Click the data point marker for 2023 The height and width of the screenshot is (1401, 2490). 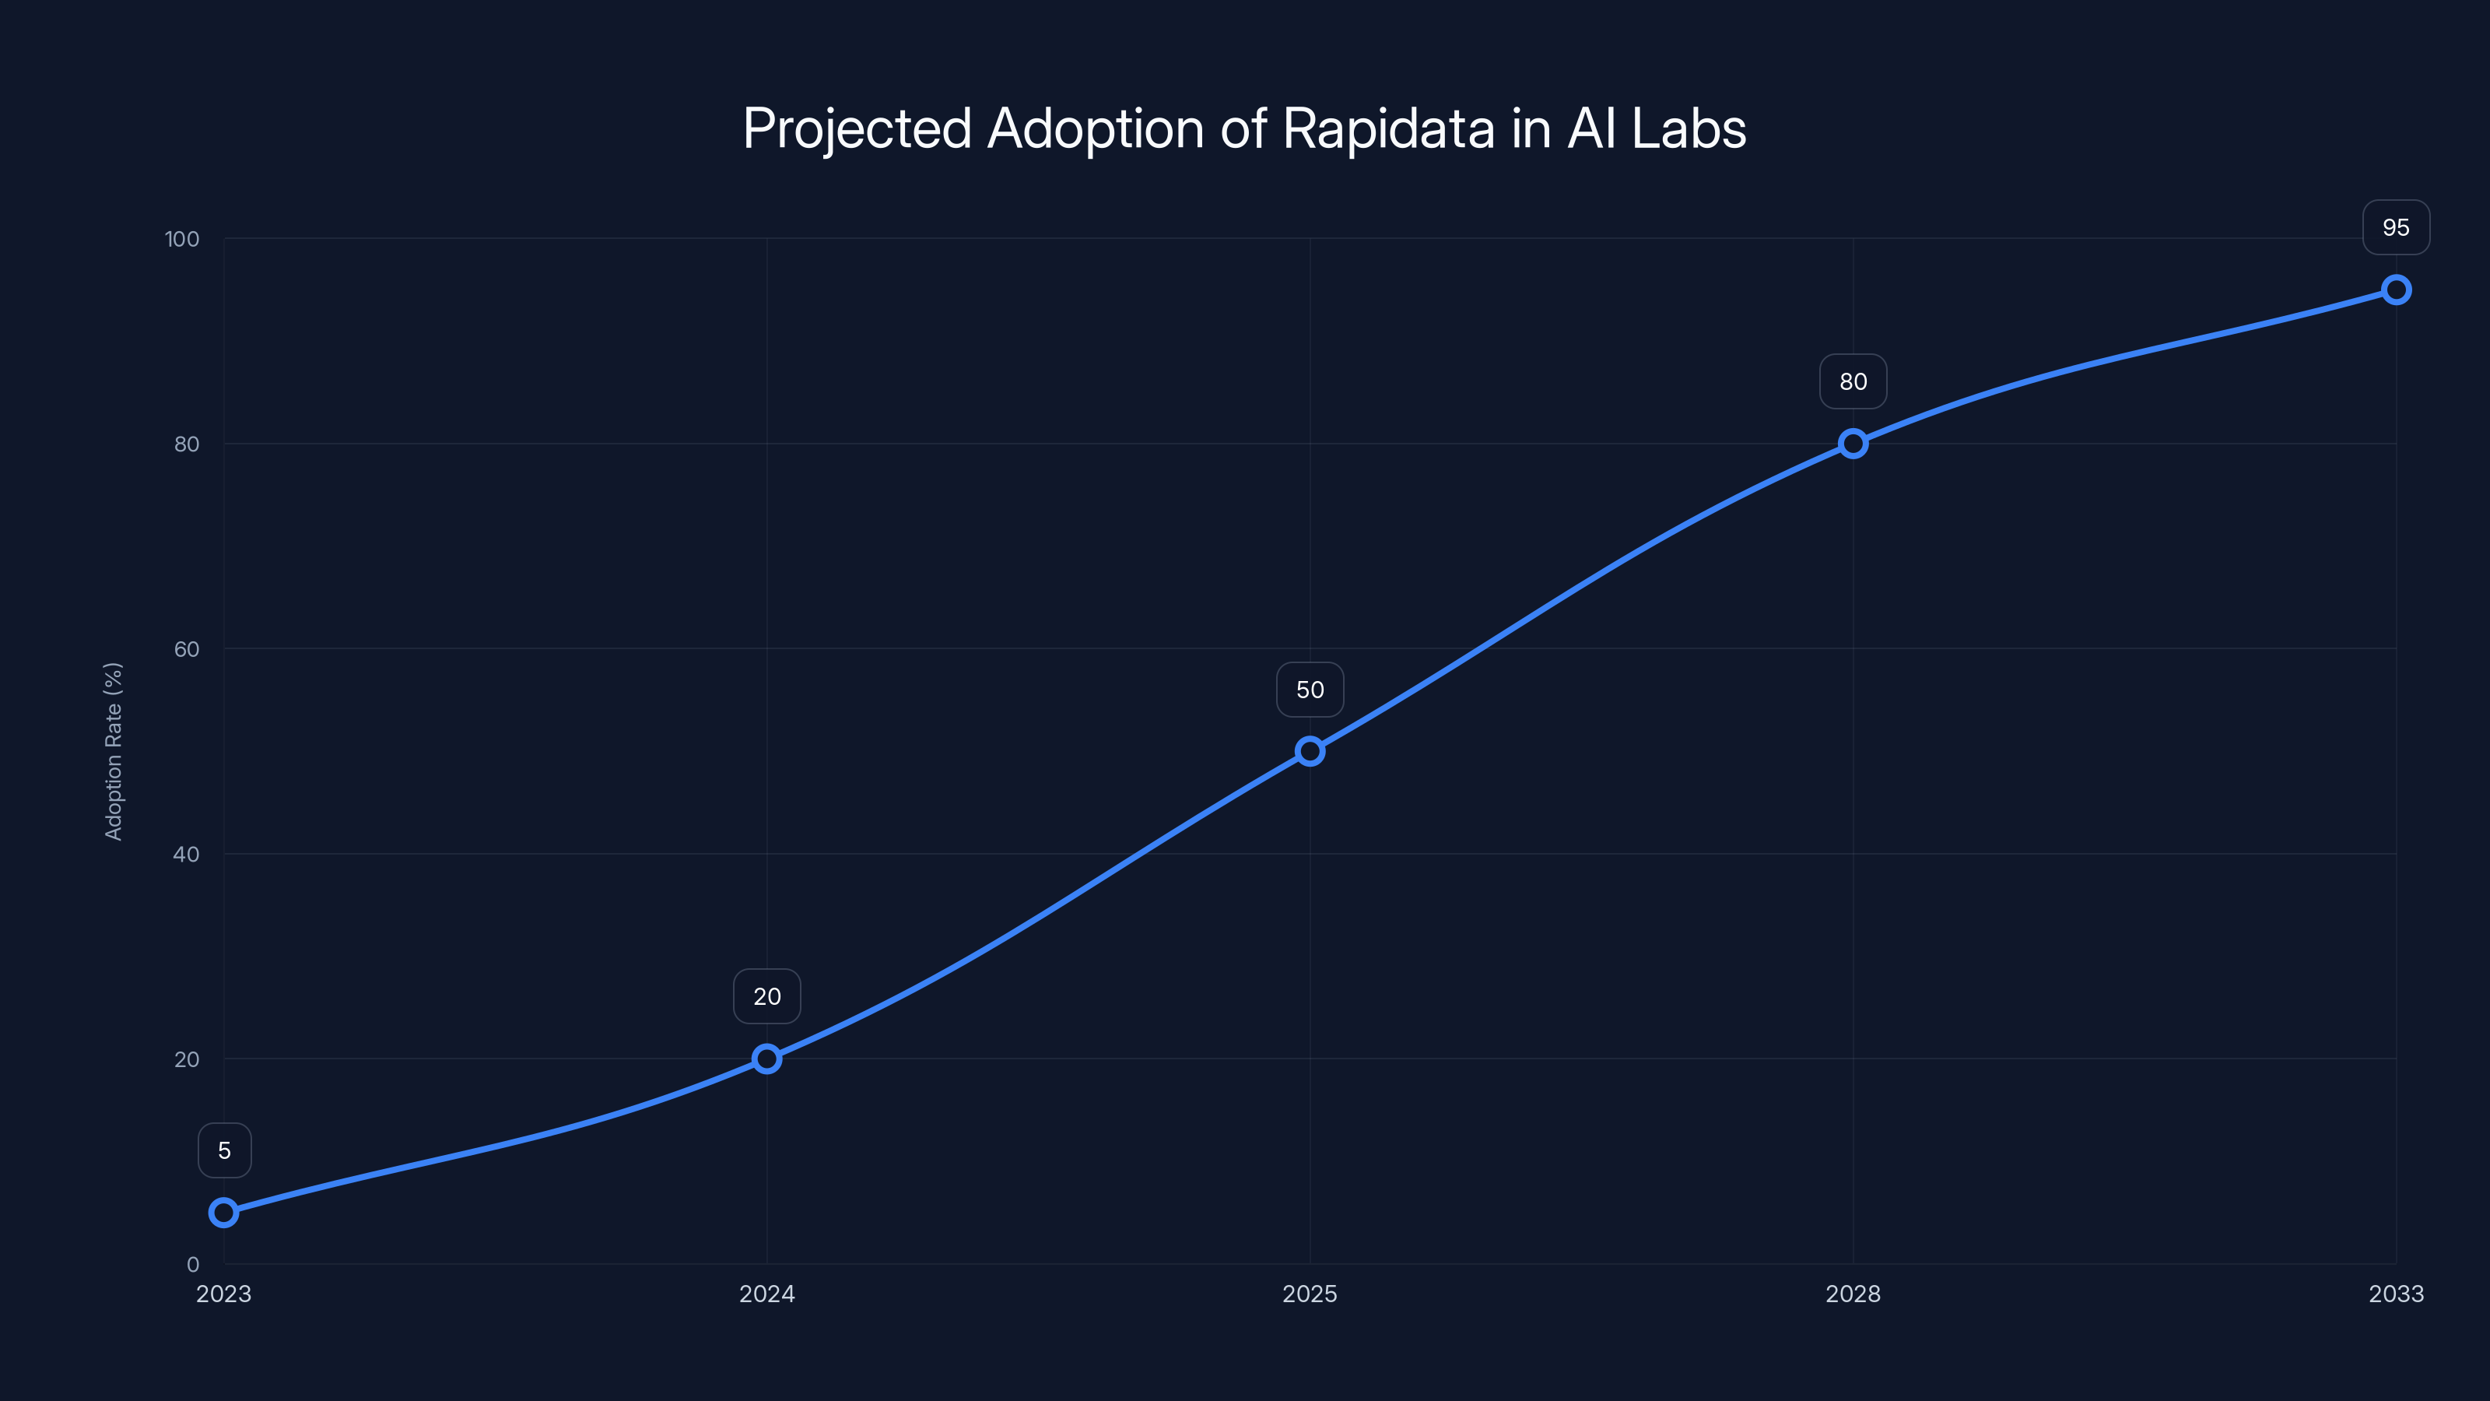(223, 1212)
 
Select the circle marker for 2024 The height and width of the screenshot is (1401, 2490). (766, 1059)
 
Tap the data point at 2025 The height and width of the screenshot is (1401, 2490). (1310, 751)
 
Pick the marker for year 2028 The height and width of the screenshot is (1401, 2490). (1853, 444)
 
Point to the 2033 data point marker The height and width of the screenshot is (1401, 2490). (2397, 290)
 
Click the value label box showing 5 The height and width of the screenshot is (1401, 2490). (224, 1150)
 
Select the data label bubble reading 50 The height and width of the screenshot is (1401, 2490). (1310, 690)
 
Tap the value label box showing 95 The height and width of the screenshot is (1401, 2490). (2397, 227)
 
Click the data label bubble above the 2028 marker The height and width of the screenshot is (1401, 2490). (1853, 382)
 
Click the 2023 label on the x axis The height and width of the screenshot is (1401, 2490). (223, 1294)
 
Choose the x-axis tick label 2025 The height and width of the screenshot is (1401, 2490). (1310, 1294)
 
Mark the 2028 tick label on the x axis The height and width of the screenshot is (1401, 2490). (1853, 1294)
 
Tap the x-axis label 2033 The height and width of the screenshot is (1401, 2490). (2397, 1294)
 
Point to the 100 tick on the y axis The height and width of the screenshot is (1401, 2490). (182, 239)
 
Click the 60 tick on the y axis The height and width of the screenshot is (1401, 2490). (187, 649)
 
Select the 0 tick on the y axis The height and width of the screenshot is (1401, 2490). (192, 1265)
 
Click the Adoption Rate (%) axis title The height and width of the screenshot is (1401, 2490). (113, 751)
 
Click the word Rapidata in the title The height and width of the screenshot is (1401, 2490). (1388, 128)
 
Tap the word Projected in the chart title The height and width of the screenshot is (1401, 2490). (857, 128)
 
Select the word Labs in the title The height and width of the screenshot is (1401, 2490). (1689, 128)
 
